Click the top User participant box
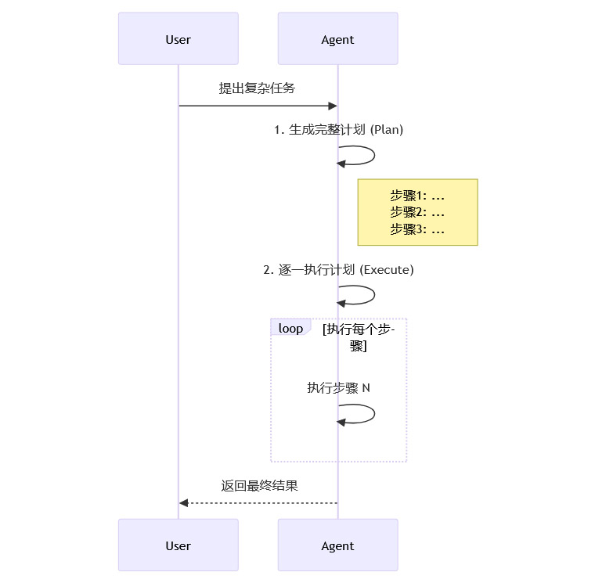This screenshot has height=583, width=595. [178, 38]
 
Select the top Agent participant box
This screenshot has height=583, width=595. [337, 38]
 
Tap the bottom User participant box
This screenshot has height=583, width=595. [178, 545]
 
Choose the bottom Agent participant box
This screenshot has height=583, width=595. [337, 545]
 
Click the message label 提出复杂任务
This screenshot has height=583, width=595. [257, 88]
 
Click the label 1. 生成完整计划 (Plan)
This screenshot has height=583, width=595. [338, 130]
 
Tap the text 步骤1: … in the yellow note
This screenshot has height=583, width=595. [417, 196]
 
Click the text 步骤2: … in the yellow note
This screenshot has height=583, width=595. [417, 212]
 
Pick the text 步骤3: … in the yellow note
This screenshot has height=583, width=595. [417, 229]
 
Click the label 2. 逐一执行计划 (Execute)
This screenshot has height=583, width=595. [338, 270]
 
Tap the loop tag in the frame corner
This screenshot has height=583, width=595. [290, 328]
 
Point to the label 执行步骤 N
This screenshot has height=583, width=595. [338, 387]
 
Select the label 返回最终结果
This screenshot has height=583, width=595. [259, 486]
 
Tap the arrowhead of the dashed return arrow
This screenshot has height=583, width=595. [184, 503]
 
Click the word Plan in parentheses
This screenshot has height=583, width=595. [387, 130]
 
